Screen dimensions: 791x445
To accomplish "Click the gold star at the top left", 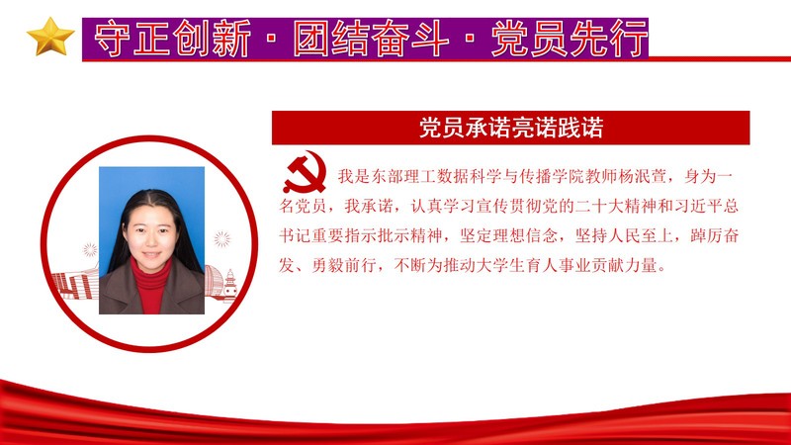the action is pyautogui.click(x=50, y=37).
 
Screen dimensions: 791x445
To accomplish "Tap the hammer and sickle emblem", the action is pyautogui.click(x=305, y=174).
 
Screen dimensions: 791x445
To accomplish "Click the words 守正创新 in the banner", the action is pyautogui.click(x=172, y=39).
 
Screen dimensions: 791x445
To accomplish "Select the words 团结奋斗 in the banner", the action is pyautogui.click(x=371, y=39).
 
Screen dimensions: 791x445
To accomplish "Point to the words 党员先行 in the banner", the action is pyautogui.click(x=570, y=39).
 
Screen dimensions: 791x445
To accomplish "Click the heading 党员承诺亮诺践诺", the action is pyautogui.click(x=511, y=128).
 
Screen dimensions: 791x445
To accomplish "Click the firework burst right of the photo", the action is pyautogui.click(x=221, y=238).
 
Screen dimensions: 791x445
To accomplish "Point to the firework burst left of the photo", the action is pyautogui.click(x=90, y=249).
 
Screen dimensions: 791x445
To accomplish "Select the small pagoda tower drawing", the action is pyautogui.click(x=230, y=285).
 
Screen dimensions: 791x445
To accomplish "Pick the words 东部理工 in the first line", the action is pyautogui.click(x=403, y=176).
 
